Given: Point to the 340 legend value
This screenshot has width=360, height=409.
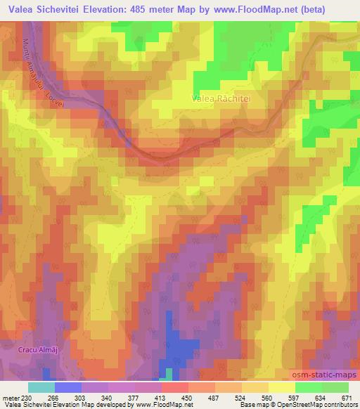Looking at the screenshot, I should pos(108,397).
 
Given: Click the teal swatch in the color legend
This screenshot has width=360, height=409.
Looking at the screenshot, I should pos(41,387).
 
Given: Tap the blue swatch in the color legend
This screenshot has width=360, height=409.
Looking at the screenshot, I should pos(68,387).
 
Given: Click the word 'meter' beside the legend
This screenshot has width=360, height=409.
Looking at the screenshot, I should pos(9,397).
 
